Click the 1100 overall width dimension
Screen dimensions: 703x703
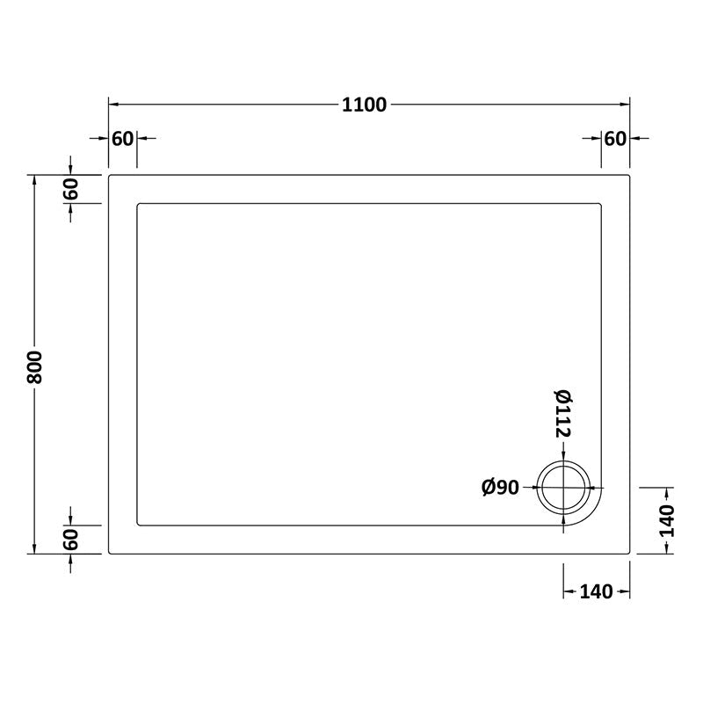point(364,105)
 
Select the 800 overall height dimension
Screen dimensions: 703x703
point(34,365)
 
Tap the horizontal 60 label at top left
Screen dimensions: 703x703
point(122,138)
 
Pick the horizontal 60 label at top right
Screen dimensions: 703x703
point(615,138)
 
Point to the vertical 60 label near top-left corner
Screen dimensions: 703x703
point(71,189)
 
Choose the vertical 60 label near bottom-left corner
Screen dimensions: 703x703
point(71,540)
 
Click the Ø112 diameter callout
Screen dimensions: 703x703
point(563,415)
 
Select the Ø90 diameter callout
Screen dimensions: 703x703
point(501,489)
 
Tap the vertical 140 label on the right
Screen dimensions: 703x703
point(667,520)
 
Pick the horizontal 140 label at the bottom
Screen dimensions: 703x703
point(596,591)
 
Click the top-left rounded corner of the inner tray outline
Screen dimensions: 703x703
point(139,206)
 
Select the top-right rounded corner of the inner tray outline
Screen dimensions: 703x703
point(600,206)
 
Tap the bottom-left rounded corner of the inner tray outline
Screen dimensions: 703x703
point(139,524)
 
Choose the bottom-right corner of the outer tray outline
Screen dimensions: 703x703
point(629,553)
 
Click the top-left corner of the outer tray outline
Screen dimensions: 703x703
point(110,176)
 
